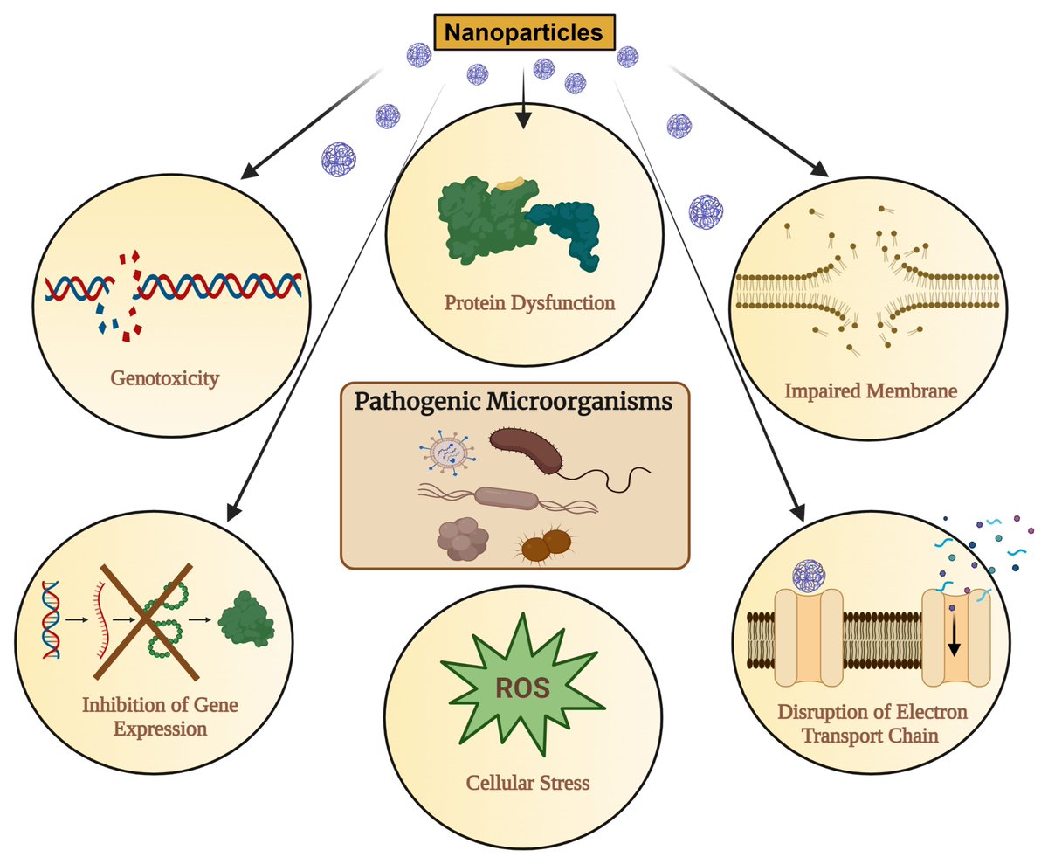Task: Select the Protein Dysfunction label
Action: coord(529,303)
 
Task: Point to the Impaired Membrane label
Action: coord(883,391)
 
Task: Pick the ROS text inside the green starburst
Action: coord(523,687)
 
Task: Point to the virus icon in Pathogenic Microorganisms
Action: coord(445,452)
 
